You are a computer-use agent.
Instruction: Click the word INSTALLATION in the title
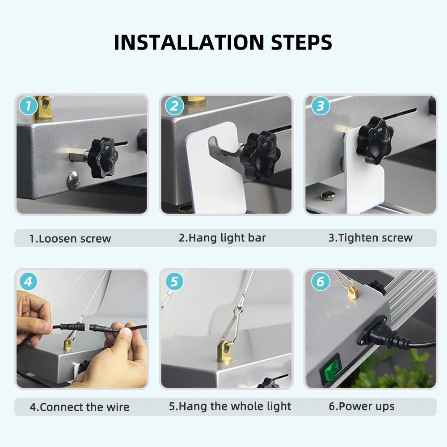pyautogui.click(x=189, y=42)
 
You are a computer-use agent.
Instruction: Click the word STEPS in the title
pyautogui.click(x=301, y=42)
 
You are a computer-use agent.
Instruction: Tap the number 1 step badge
pyautogui.click(x=28, y=106)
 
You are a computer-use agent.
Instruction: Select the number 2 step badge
pyautogui.click(x=174, y=106)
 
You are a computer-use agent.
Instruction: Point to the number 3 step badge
pyautogui.click(x=320, y=106)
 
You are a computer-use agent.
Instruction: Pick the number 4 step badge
pyautogui.click(x=28, y=281)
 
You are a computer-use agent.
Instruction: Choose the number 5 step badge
pyautogui.click(x=174, y=281)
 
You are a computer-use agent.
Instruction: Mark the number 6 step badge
pyautogui.click(x=320, y=281)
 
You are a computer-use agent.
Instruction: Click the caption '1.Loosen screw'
pyautogui.click(x=70, y=239)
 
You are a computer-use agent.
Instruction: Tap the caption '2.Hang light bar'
pyautogui.click(x=222, y=238)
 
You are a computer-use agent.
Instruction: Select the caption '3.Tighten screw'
pyautogui.click(x=370, y=238)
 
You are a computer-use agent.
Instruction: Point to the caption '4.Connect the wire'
pyautogui.click(x=80, y=407)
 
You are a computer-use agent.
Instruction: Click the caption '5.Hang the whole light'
pyautogui.click(x=230, y=406)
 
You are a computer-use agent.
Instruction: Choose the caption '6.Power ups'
pyautogui.click(x=362, y=406)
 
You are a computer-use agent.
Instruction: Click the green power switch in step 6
pyautogui.click(x=331, y=369)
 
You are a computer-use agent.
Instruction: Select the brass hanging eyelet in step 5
pyautogui.click(x=225, y=350)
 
